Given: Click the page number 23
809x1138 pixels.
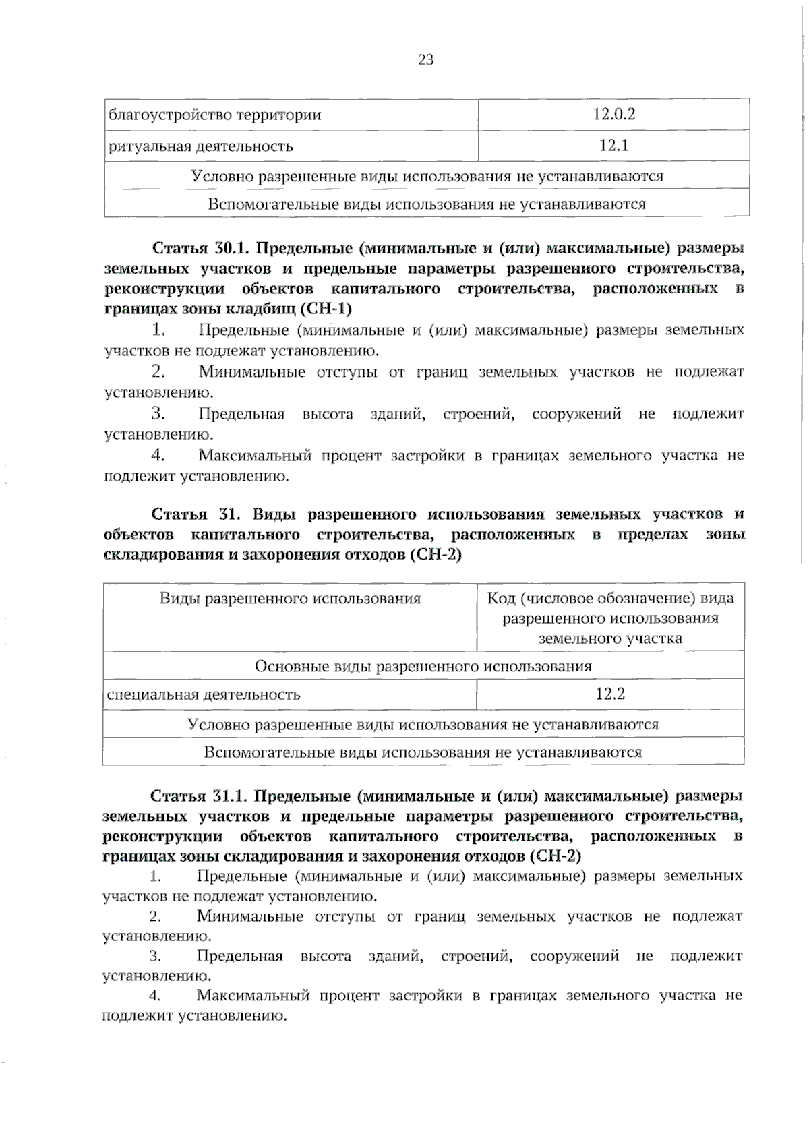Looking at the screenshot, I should (425, 60).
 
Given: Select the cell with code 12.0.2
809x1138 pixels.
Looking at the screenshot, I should (613, 114).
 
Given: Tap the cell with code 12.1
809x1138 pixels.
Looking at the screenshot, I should (613, 146).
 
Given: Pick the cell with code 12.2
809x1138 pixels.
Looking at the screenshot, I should (610, 694).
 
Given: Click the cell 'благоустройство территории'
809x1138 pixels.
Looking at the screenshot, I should (215, 115).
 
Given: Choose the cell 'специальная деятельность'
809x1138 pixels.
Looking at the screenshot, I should (204, 694).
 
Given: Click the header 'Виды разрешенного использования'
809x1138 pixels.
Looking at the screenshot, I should (290, 599).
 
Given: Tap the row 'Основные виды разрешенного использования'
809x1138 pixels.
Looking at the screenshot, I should (423, 666).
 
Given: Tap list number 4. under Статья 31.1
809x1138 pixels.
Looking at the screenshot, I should (155, 996).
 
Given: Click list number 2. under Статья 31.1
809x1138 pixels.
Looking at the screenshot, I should (155, 916).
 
